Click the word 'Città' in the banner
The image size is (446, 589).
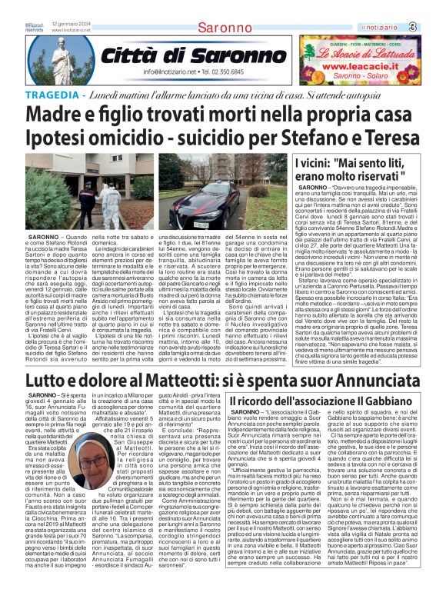point(132,56)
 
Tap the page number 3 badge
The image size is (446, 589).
point(434,27)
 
